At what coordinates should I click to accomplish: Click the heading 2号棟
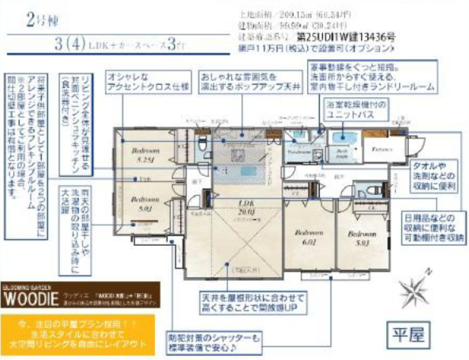coord(42,20)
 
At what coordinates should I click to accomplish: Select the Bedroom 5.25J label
coord(145,155)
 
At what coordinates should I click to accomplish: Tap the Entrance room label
coord(382,149)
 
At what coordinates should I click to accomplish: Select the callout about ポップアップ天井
coord(251,82)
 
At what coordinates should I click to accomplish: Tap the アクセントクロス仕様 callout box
coord(148,82)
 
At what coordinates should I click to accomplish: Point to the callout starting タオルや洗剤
coord(434,176)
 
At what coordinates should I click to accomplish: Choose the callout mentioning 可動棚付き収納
coord(434,228)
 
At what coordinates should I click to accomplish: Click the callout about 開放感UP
coord(253,303)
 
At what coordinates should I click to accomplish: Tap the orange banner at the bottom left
coord(77,334)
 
